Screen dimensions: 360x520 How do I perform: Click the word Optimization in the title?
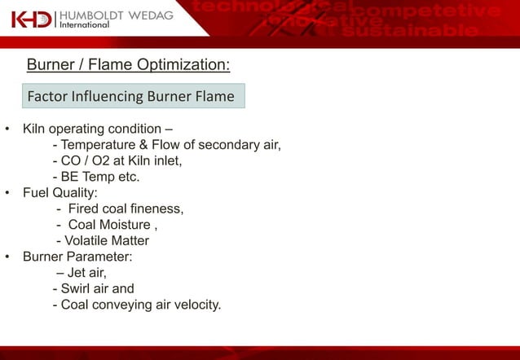point(187,64)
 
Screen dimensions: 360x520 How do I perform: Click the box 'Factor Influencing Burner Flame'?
point(131,96)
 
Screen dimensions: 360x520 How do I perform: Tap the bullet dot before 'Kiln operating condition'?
point(7,130)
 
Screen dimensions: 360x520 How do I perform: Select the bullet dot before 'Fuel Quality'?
point(7,193)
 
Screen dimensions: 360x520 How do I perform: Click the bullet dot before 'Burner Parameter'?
point(7,257)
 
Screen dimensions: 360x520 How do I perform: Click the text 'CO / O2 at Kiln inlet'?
point(117,161)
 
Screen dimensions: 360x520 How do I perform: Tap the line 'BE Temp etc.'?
point(95,177)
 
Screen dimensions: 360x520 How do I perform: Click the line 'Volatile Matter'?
point(102,240)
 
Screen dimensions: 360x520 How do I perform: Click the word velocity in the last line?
point(194,305)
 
